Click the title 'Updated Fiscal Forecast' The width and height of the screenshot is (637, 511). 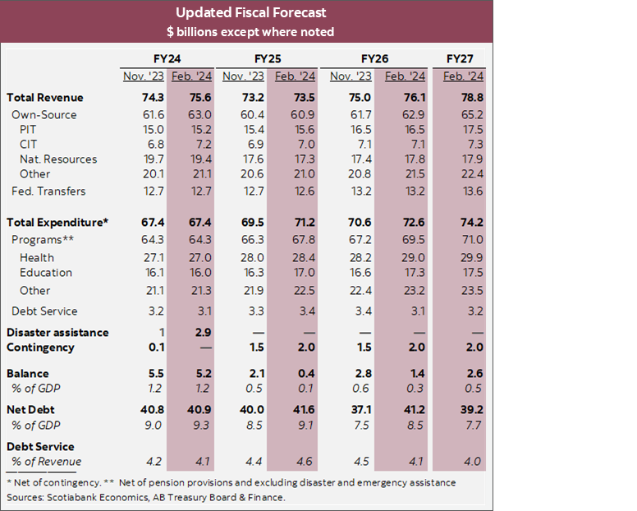pos(251,13)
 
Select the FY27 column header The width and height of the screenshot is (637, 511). pos(463,59)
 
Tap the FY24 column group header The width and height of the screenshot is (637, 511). pos(167,59)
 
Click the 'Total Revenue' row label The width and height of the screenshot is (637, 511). pos(44,98)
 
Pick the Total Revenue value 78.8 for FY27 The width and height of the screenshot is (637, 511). pos(463,98)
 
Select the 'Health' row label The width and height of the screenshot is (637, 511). pos(37,258)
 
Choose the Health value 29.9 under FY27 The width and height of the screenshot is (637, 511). pos(463,258)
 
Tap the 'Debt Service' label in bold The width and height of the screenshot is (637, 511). pos(40,447)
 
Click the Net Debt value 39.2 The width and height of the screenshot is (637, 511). pos(463,408)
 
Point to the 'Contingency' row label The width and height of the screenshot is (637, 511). pos(40,348)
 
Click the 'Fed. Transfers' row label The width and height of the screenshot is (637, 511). pos(48,191)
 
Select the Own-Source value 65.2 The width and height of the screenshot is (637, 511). pos(463,115)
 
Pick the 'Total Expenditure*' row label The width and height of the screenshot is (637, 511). pos(57,223)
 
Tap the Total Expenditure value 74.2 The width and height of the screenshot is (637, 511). pos(463,223)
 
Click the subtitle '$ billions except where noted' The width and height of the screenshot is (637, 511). pos(251,31)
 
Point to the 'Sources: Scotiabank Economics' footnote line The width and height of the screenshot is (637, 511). pos(146,498)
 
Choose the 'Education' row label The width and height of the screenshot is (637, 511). pos(46,273)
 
